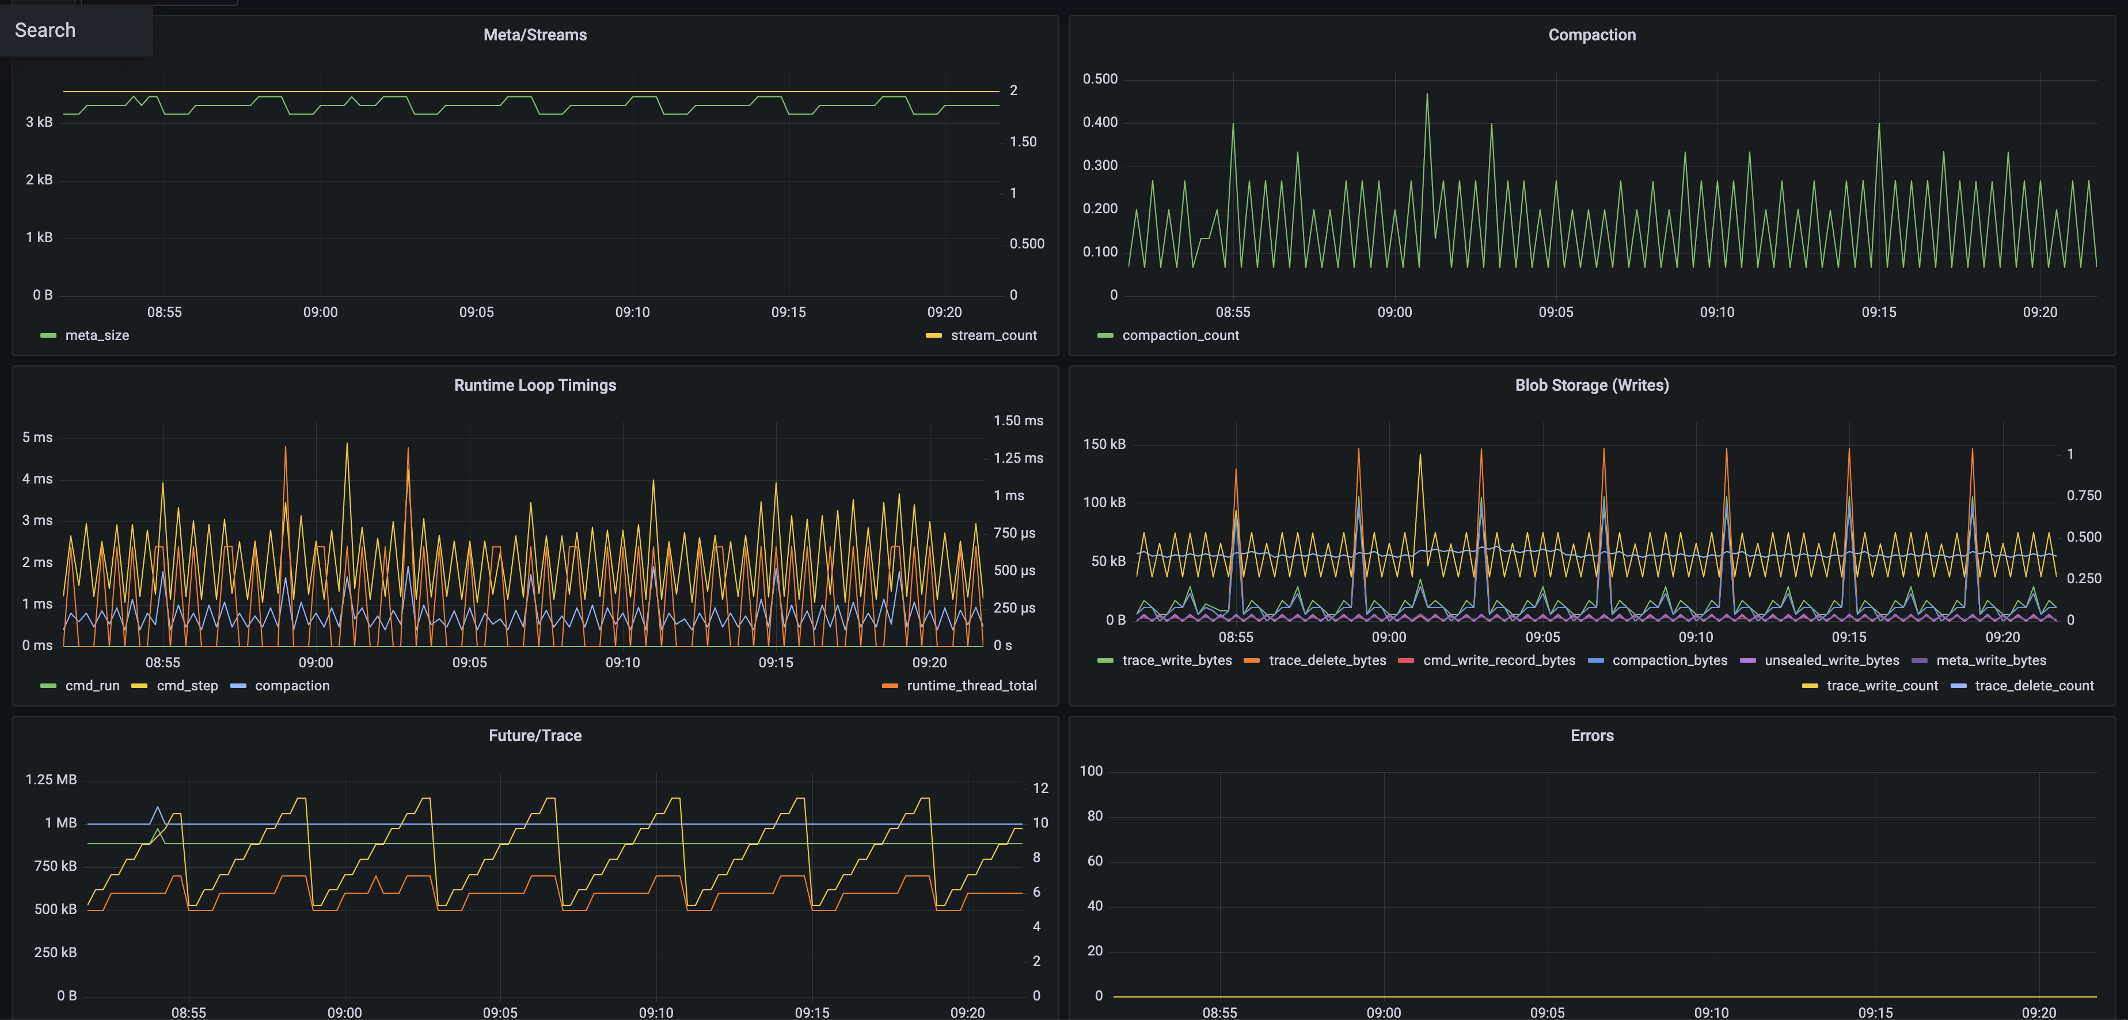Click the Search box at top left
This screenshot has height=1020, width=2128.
[x=74, y=31]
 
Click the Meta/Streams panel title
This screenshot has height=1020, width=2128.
[x=534, y=35]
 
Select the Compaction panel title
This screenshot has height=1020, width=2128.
[x=1591, y=35]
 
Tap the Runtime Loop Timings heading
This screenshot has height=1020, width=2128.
[x=534, y=385]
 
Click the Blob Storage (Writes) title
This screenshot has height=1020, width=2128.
[x=1591, y=385]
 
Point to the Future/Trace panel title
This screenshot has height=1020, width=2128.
[x=534, y=736]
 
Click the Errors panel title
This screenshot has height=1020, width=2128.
[x=1591, y=736]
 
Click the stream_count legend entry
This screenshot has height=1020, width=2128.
[x=992, y=335]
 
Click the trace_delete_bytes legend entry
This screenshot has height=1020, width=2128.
[x=1327, y=660]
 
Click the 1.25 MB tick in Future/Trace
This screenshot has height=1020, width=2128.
[x=51, y=780]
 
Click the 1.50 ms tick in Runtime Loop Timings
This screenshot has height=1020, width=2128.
[x=1018, y=421]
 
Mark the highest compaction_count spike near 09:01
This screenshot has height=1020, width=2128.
[x=1427, y=95]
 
